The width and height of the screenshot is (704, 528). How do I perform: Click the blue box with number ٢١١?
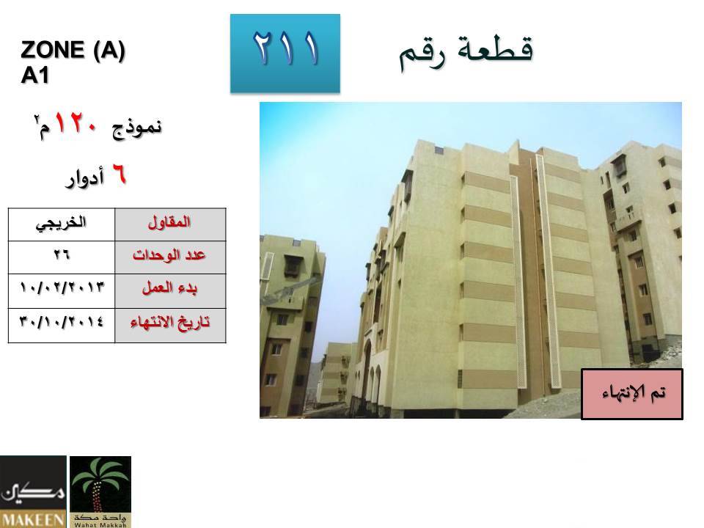tap(285, 54)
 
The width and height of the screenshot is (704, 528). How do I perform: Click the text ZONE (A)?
tap(73, 49)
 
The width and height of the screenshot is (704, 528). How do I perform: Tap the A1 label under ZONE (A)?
tap(34, 75)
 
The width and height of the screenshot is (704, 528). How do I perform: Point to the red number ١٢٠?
tap(76, 123)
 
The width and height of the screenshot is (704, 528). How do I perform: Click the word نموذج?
tap(137, 128)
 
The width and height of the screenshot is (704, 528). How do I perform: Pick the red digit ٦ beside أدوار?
tap(119, 174)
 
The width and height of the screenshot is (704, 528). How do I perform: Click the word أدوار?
tap(85, 177)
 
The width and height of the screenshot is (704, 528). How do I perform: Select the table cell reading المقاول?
tap(170, 224)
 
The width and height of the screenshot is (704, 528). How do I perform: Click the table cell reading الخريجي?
tap(62, 224)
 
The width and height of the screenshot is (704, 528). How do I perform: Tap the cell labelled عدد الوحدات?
tap(170, 257)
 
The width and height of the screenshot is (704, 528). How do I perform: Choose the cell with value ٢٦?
tap(62, 257)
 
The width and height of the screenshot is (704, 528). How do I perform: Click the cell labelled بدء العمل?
tap(170, 291)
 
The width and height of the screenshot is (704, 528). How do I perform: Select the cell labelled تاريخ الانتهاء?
tap(170, 326)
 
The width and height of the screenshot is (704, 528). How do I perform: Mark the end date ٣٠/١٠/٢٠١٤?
tap(62, 322)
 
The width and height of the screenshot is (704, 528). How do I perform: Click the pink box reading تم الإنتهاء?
tap(632, 395)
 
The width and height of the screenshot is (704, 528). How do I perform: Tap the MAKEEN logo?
tap(33, 492)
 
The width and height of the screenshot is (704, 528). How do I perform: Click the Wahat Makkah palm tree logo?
tap(100, 492)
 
